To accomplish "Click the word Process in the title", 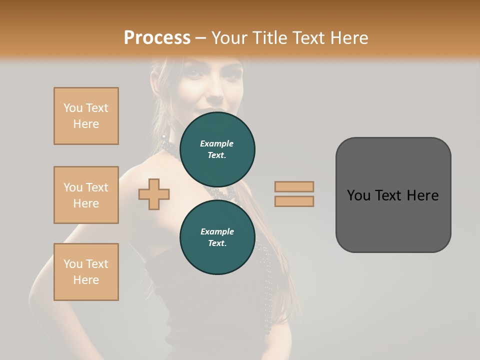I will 157,38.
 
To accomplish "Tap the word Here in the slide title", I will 347,38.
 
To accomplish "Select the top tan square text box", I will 86,116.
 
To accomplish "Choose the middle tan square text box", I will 86,195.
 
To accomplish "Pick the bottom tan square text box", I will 86,272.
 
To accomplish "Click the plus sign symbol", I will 154,193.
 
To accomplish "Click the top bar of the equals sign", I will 294,186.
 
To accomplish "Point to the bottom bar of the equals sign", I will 294,201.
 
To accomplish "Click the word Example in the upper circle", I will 216,143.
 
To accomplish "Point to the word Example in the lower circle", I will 217,231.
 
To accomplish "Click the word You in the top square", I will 72,108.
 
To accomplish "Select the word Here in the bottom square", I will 86,280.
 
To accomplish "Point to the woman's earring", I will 163,136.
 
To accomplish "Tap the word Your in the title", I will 228,38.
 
